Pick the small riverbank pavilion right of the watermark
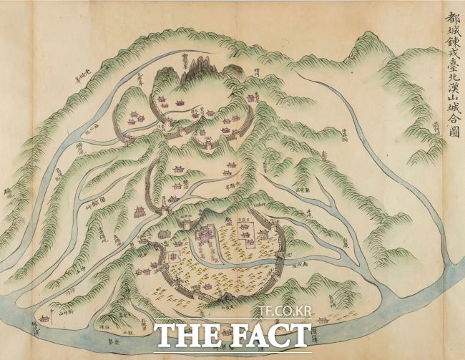[323, 319]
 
